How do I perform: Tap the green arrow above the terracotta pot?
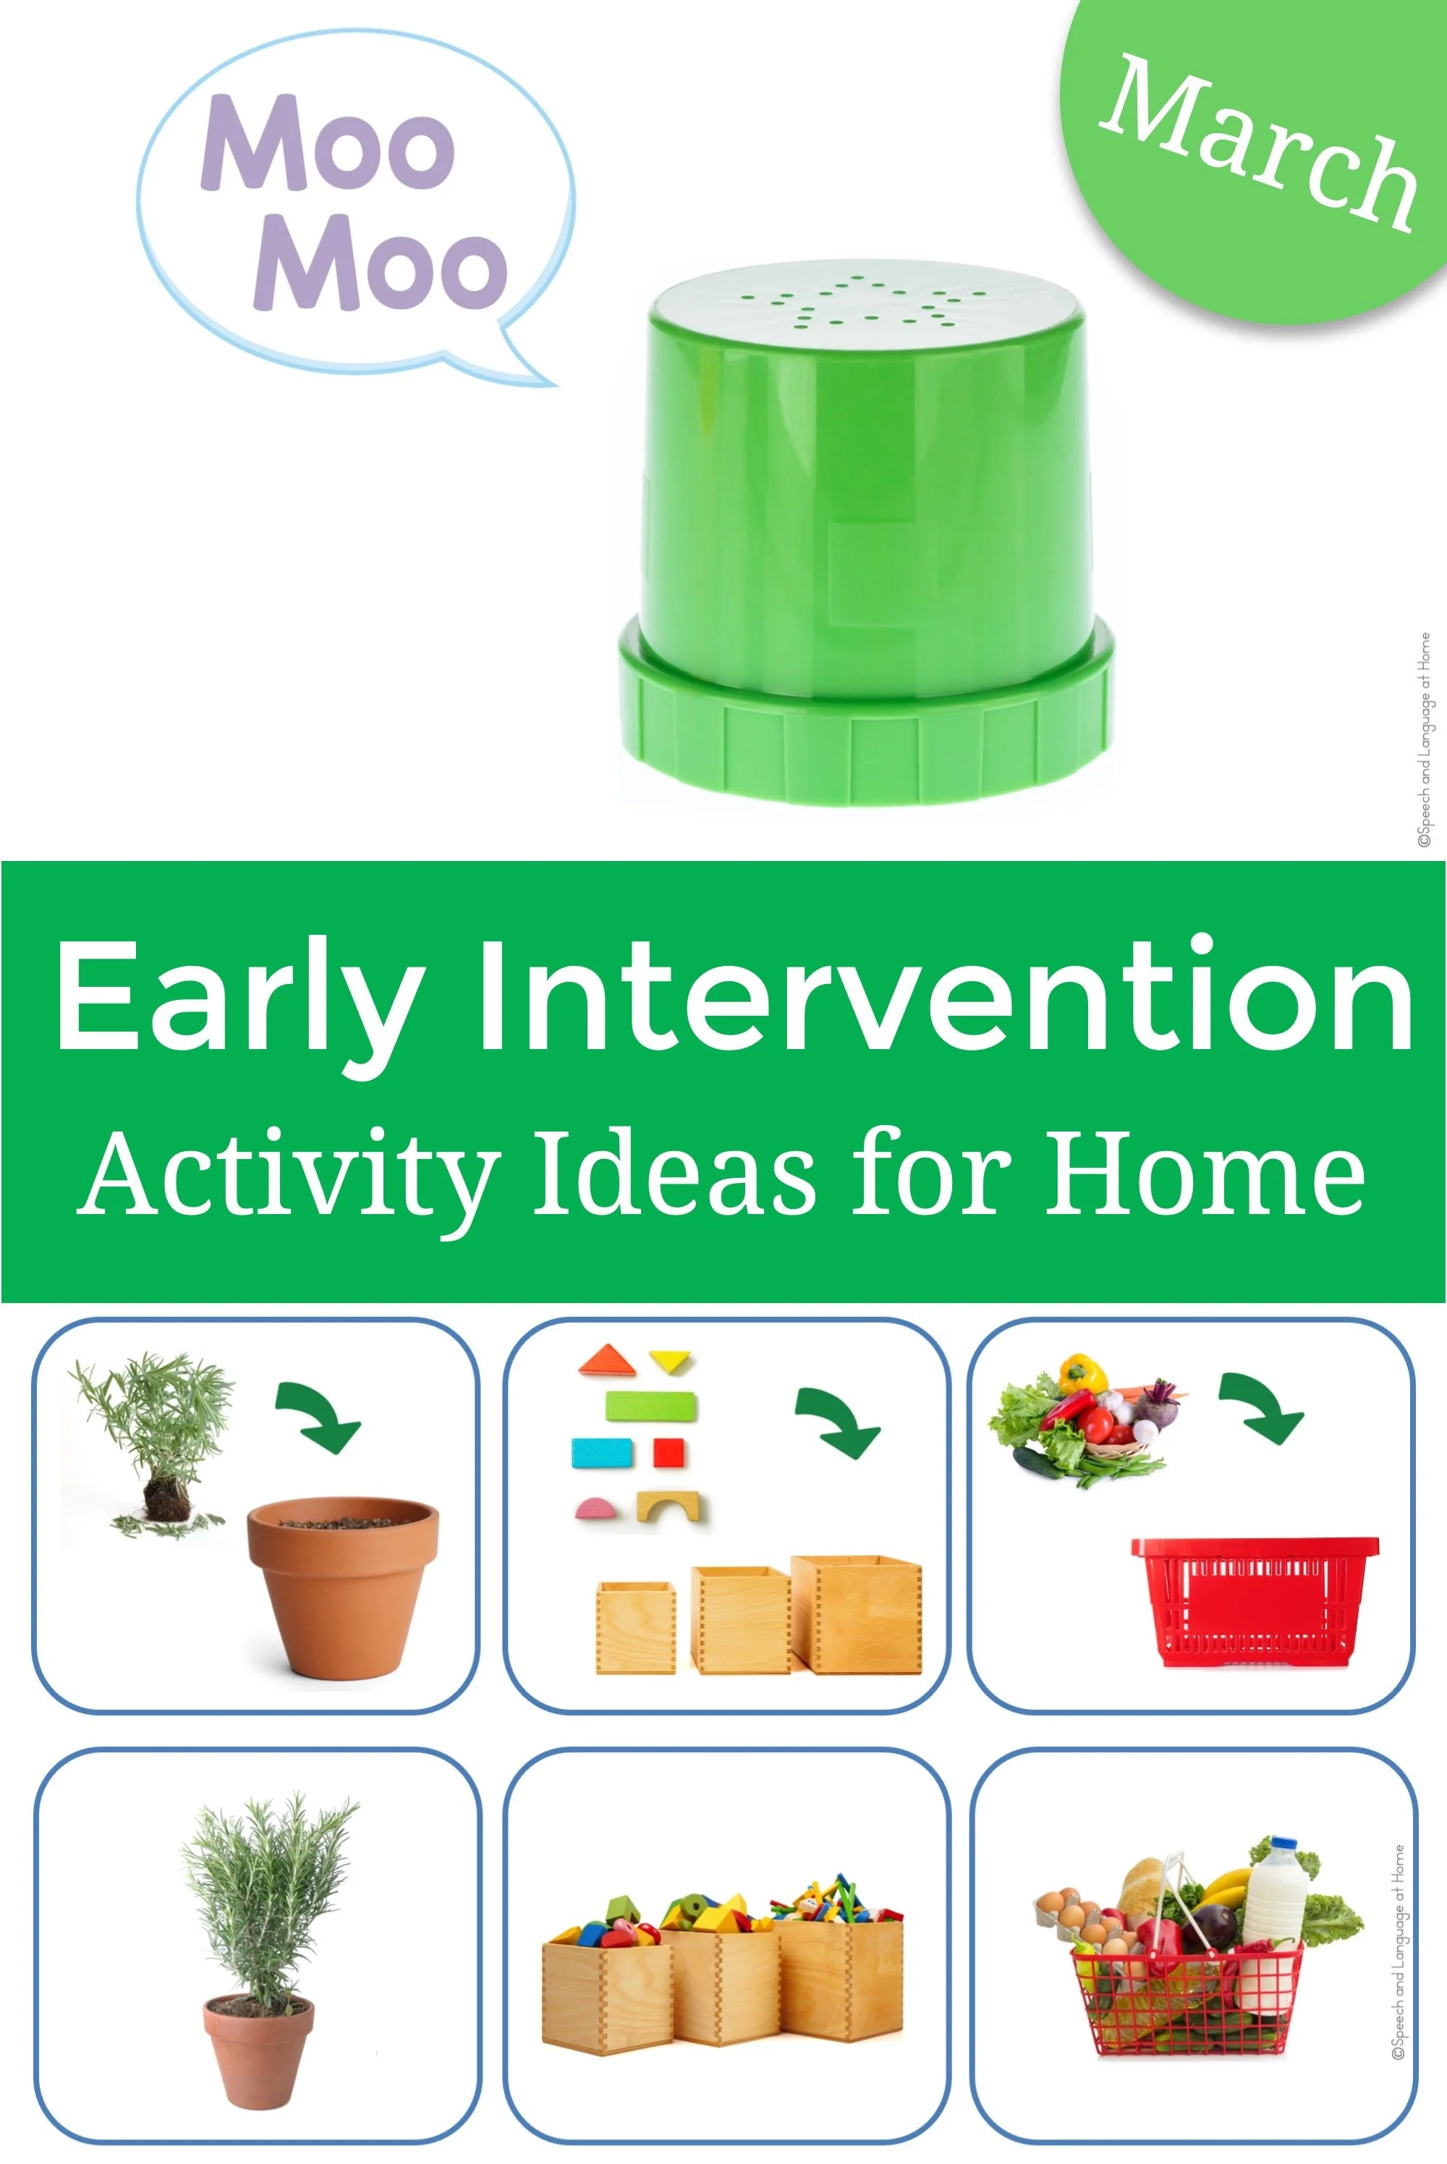tap(319, 1417)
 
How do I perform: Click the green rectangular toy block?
tap(650, 1407)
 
